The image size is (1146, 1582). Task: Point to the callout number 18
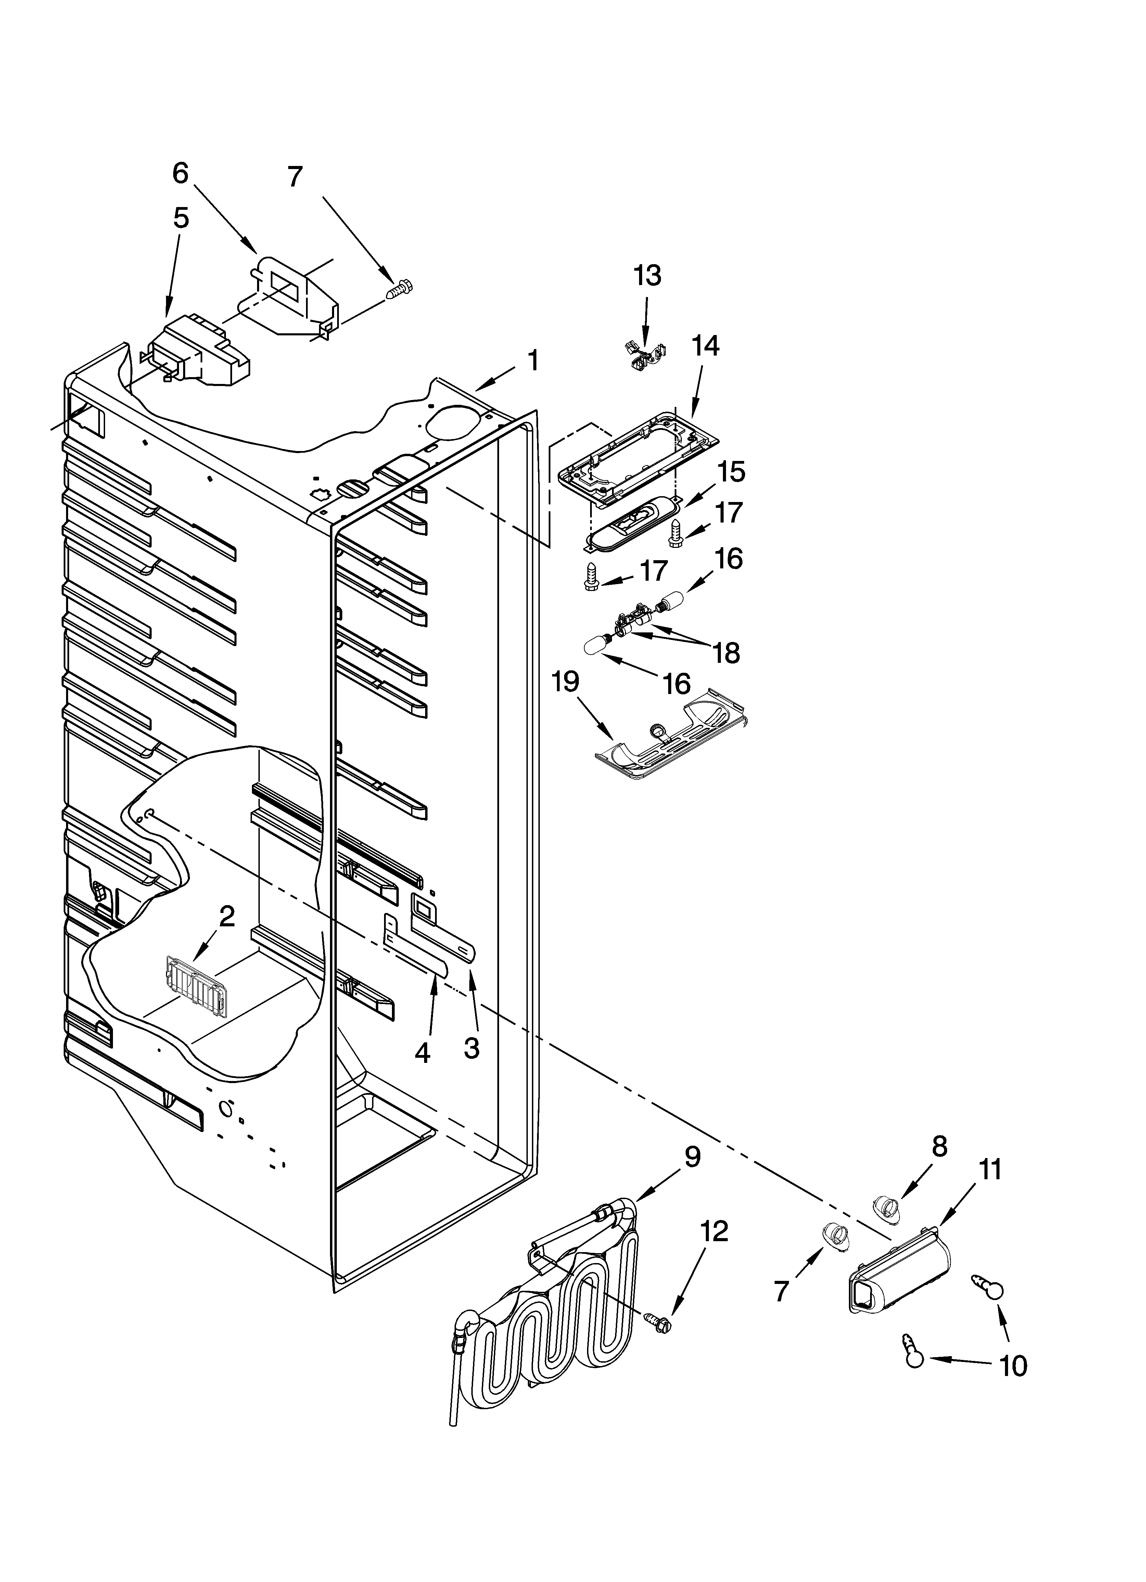tap(727, 653)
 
